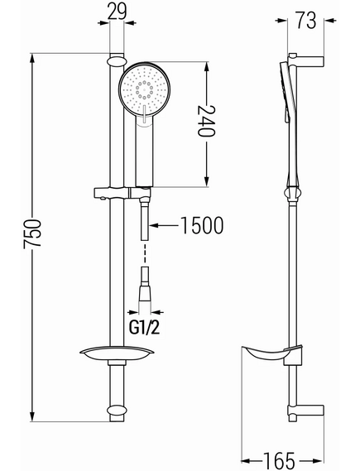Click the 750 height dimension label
coord(32,234)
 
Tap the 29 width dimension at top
coord(117,12)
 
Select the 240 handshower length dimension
coord(206,121)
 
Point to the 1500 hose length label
coord(202,225)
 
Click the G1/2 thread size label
coord(145,327)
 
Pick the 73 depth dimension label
coord(306,20)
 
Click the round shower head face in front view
coord(145,89)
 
